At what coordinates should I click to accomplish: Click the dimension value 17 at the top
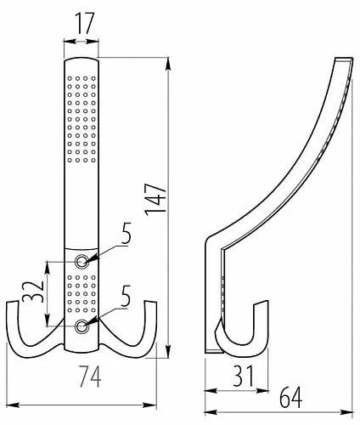pyautogui.click(x=84, y=23)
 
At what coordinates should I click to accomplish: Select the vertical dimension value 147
pyautogui.click(x=155, y=199)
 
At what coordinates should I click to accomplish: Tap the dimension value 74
pyautogui.click(x=90, y=377)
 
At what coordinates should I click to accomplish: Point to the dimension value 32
pyautogui.click(x=33, y=292)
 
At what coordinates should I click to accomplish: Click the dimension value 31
pyautogui.click(x=243, y=377)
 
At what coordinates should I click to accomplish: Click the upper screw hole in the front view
pyautogui.click(x=82, y=261)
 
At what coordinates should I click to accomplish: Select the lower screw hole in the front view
pyautogui.click(x=82, y=326)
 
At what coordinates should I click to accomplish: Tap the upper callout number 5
pyautogui.click(x=126, y=233)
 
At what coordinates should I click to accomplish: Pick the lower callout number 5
pyautogui.click(x=126, y=296)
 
